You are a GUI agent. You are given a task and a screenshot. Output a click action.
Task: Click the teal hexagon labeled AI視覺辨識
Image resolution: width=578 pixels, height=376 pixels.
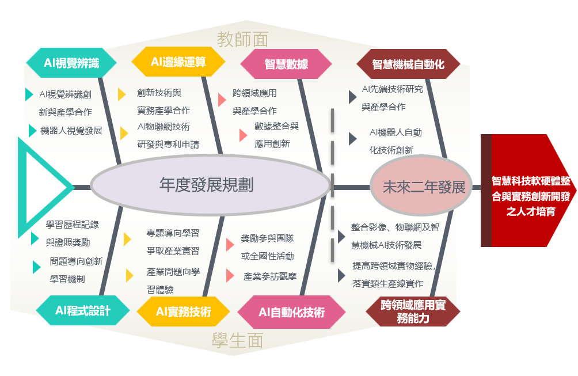point(71,63)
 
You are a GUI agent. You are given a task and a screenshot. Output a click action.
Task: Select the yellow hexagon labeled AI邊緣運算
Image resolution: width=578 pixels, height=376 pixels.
point(178,62)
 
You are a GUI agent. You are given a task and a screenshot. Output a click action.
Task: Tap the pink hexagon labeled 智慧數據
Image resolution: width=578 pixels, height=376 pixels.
point(286,64)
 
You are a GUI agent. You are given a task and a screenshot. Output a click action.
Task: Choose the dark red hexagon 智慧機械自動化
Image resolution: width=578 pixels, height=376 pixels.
point(408,64)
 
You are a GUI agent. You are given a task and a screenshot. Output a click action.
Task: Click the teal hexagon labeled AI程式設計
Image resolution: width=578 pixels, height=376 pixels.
point(82,310)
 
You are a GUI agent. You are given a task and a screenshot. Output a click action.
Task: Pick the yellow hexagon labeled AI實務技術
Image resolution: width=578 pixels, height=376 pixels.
point(183,312)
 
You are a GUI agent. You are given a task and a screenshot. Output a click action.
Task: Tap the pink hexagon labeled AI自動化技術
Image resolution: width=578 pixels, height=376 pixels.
point(291,312)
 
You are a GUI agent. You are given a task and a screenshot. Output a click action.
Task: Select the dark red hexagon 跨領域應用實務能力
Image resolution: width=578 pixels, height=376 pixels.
point(413,312)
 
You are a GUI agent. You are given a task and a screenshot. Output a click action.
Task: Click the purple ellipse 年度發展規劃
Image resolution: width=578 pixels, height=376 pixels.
point(211,185)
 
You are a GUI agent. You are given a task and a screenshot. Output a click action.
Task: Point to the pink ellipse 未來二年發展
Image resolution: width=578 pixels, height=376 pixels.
point(421,186)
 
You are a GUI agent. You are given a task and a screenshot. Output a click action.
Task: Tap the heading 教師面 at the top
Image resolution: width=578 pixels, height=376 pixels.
point(242,39)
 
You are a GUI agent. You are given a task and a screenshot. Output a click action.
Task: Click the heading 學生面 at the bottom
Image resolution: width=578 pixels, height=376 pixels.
point(237,340)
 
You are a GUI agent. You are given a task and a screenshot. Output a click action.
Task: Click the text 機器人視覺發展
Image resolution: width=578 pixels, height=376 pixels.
point(71,131)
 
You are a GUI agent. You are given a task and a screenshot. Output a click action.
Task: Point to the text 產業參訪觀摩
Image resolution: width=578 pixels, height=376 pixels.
point(270,276)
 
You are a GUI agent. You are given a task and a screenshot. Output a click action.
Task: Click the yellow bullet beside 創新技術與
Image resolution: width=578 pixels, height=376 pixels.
point(121,94)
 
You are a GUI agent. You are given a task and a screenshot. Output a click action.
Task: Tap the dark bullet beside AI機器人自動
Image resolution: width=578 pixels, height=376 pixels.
point(353,139)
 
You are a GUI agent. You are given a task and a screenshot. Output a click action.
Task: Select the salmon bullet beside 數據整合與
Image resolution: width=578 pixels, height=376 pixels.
point(243,135)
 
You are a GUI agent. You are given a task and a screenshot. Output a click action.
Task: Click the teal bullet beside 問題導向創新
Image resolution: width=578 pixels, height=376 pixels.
point(36,267)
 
